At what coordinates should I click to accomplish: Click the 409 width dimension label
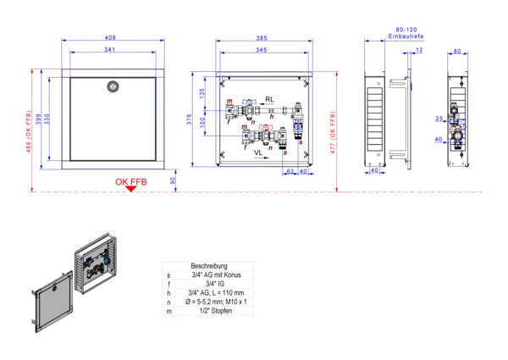tap(111, 37)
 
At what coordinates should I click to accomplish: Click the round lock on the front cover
tap(111, 86)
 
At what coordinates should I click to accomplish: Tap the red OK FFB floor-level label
tap(131, 181)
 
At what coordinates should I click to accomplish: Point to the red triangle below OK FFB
tap(130, 189)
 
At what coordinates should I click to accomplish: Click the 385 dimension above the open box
tap(262, 38)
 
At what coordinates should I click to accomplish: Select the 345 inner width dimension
tap(262, 51)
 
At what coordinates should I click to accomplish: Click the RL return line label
tap(269, 99)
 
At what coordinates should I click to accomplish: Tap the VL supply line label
tap(258, 152)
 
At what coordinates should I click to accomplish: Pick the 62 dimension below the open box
tap(290, 172)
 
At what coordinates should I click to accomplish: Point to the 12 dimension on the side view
tap(419, 49)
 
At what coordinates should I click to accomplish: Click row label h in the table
tap(168, 294)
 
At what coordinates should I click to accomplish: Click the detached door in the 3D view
tap(51, 306)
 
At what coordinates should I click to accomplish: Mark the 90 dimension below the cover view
tap(174, 180)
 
